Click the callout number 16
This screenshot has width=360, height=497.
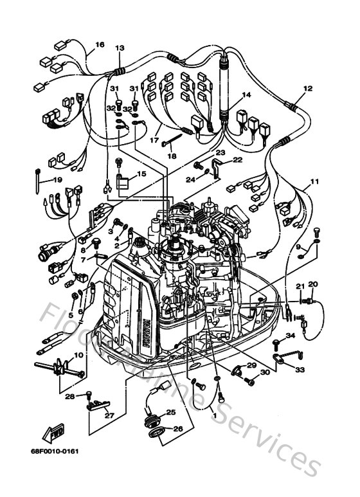click(100, 45)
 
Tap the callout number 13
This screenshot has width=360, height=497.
click(120, 48)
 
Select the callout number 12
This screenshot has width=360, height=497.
click(307, 89)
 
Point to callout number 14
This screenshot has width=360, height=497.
click(246, 95)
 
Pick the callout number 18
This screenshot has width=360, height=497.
click(171, 155)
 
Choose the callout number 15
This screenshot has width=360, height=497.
click(141, 174)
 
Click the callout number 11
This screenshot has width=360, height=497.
click(314, 183)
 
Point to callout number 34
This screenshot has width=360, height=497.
click(291, 336)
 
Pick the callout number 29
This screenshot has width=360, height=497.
click(251, 365)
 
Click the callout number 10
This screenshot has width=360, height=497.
click(78, 355)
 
